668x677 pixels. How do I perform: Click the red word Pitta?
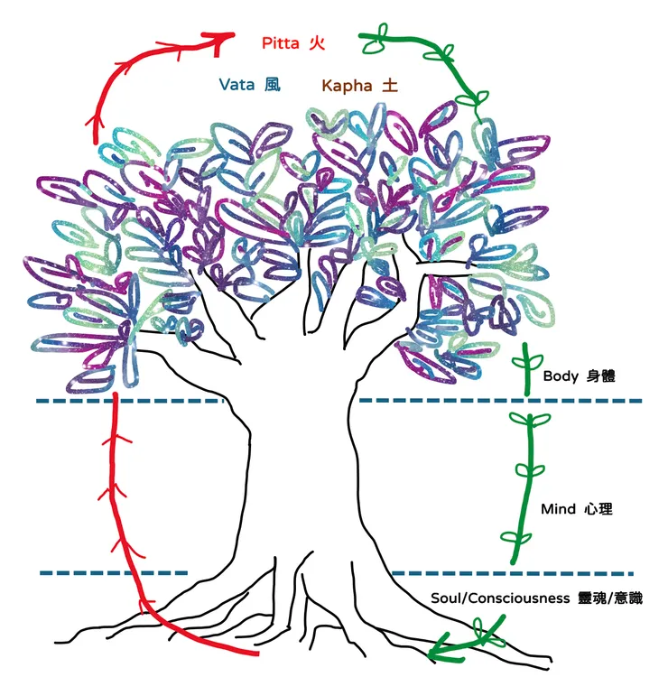point(280,43)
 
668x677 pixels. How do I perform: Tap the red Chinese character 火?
point(317,43)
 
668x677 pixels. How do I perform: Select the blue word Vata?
point(237,84)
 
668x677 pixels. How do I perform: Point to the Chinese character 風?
point(273,84)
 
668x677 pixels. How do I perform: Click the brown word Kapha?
point(347,86)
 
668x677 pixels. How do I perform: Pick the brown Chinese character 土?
point(389,85)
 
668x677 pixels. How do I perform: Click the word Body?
point(561,376)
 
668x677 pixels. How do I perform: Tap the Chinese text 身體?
point(600,376)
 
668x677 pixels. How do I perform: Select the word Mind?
point(558,509)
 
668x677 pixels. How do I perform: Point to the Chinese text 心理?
point(598,509)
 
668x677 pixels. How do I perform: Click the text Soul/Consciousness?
point(500,598)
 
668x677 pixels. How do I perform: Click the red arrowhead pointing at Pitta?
point(220,41)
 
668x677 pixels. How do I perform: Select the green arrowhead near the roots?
point(441,651)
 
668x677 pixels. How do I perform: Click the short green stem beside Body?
point(526,369)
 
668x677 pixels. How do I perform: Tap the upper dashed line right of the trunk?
point(500,401)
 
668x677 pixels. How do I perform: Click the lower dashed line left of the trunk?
point(114,573)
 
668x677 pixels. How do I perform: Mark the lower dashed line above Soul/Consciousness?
point(512,573)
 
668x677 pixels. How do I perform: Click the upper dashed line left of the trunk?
point(129,401)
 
